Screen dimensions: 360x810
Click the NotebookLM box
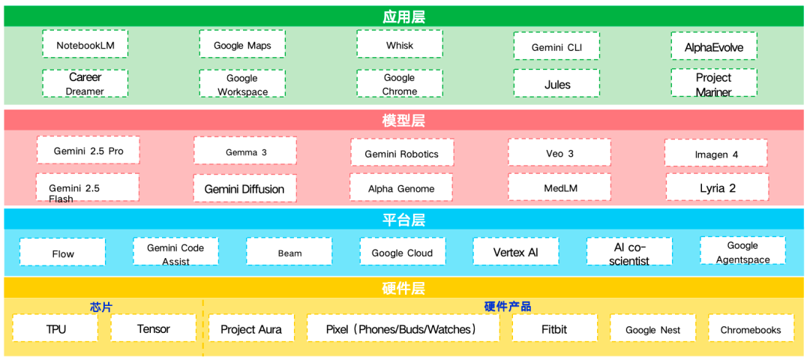click(85, 45)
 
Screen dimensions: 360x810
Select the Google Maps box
click(242, 45)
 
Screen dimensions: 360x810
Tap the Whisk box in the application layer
click(399, 45)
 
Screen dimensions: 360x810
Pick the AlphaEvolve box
click(714, 46)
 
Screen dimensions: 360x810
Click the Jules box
click(556, 84)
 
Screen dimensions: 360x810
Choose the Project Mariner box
click(714, 84)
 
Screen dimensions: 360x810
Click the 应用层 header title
click(404, 16)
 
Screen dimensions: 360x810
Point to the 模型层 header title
click(404, 121)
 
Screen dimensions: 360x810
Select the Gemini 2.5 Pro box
click(88, 151)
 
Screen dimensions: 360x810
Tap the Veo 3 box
click(559, 153)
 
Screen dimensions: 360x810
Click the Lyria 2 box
click(717, 187)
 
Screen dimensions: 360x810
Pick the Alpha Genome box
click(401, 188)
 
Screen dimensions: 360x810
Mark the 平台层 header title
click(404, 220)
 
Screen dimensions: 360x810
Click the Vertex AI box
click(515, 252)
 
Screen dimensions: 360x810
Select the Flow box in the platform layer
click(63, 253)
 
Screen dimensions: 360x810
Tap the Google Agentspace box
click(742, 252)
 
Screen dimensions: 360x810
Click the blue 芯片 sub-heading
click(101, 307)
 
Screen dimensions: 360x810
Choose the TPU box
click(55, 328)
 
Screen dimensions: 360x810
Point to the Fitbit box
click(555, 328)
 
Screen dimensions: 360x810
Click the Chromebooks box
click(751, 329)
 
